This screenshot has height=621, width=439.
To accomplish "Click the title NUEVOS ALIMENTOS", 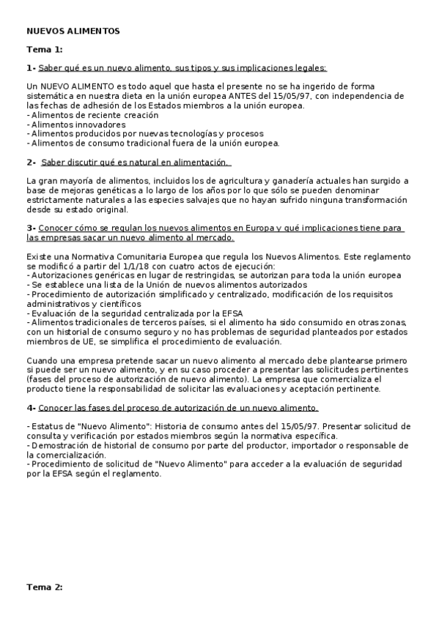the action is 73,31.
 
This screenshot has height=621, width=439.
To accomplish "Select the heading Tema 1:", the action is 45,50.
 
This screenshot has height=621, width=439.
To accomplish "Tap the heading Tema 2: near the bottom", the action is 45,587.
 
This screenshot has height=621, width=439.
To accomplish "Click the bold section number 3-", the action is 31,228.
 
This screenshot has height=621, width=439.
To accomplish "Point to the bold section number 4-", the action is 31,408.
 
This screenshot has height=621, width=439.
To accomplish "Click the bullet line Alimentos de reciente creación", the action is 92,115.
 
